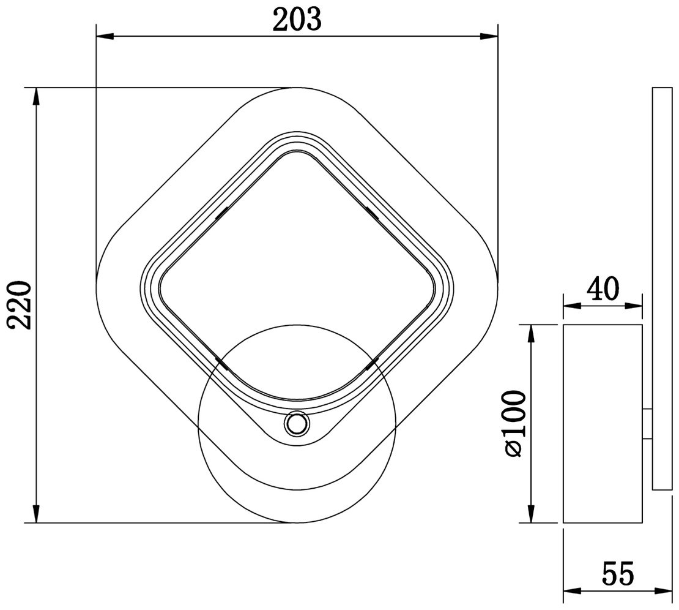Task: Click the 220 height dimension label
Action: pyautogui.click(x=20, y=305)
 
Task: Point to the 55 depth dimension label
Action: pyautogui.click(x=617, y=574)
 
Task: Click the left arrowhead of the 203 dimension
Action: pyautogui.click(x=105, y=37)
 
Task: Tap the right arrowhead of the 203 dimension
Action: pyautogui.click(x=489, y=37)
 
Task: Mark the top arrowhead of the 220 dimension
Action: pyautogui.click(x=37, y=97)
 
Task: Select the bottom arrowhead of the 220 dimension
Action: pyautogui.click(x=37, y=514)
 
